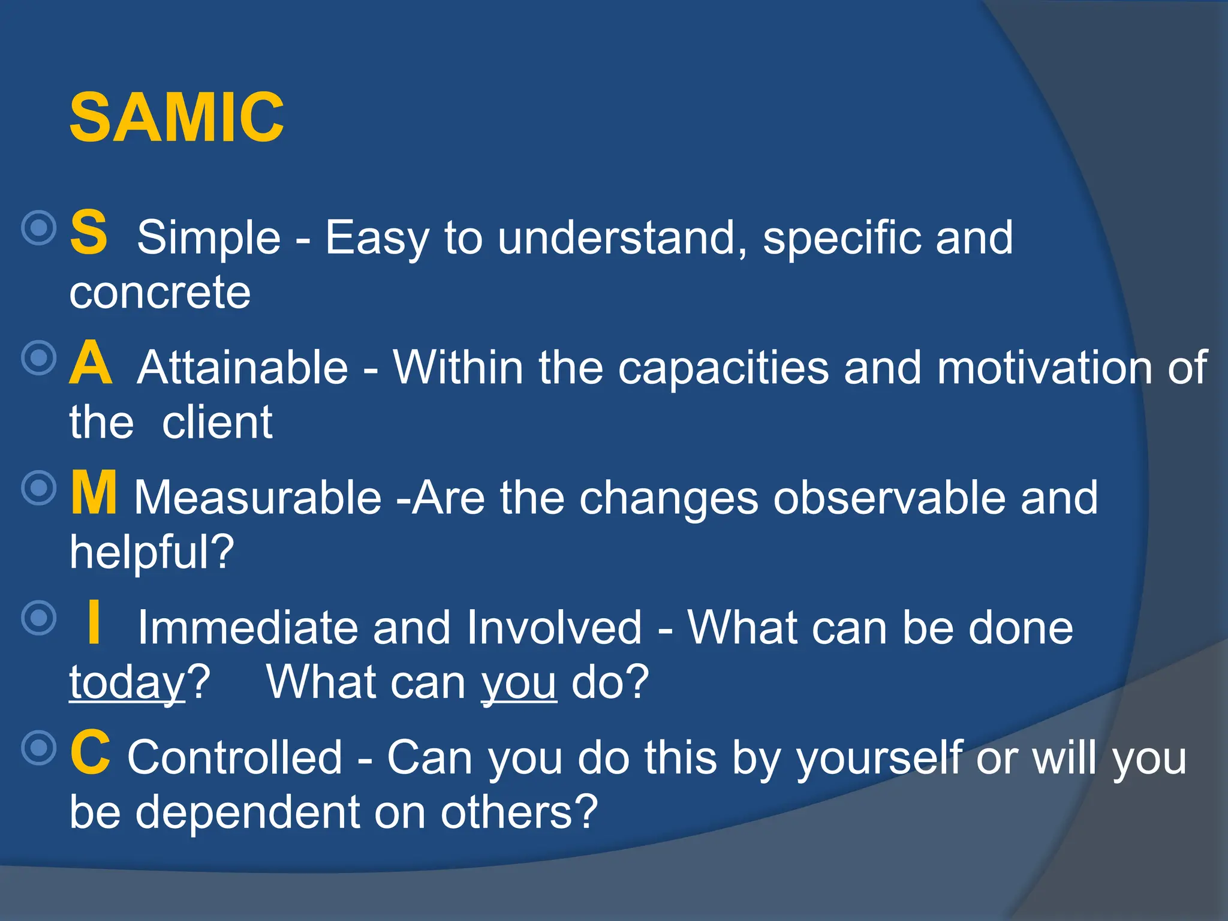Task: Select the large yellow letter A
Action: (x=91, y=363)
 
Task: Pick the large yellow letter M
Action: (x=94, y=493)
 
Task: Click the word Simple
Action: (x=209, y=238)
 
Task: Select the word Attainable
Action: (x=243, y=368)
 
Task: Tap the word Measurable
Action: (x=258, y=498)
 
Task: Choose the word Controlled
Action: (x=234, y=758)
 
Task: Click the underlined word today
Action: (x=127, y=683)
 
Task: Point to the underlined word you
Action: (x=519, y=683)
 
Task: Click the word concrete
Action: (x=159, y=293)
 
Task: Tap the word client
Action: (x=217, y=423)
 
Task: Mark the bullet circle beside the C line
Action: (x=39, y=748)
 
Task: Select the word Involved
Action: (x=554, y=628)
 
